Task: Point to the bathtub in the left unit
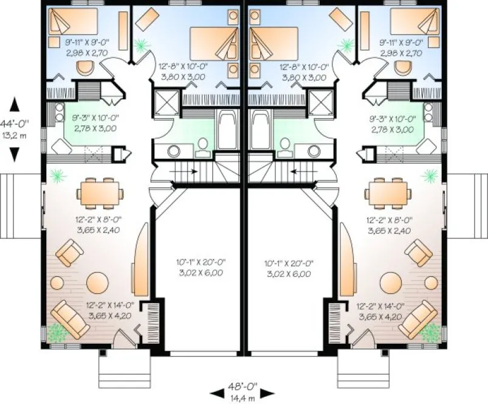click(227, 130)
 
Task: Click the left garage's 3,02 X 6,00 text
click(201, 274)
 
